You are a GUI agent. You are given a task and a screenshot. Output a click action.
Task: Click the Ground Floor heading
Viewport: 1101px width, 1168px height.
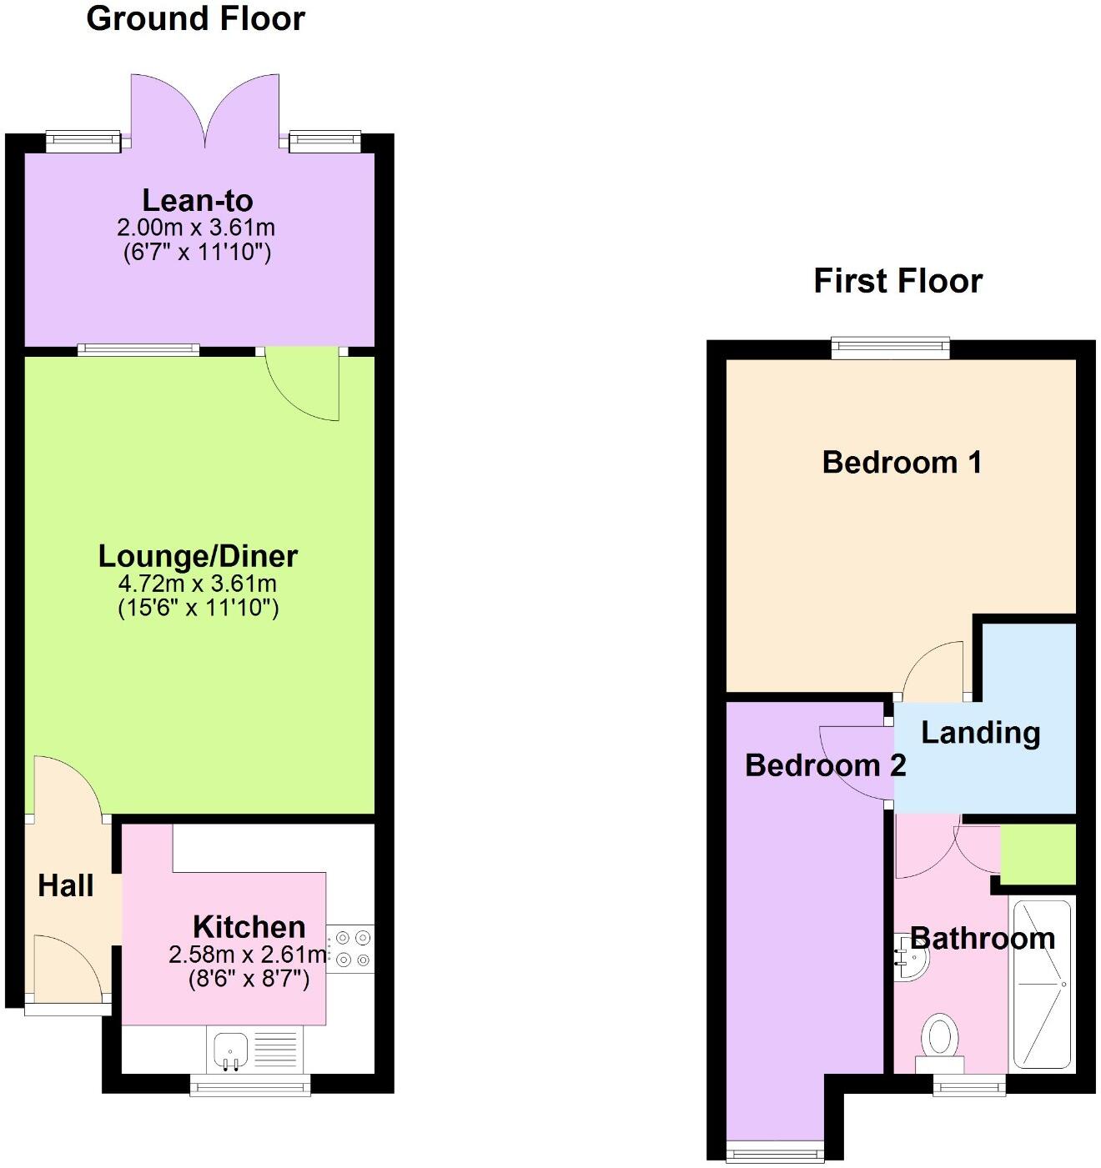tap(195, 18)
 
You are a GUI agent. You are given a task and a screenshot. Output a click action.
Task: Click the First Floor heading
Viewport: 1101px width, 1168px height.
tap(897, 281)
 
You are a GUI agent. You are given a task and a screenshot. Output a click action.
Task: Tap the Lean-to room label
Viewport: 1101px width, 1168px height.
tap(197, 200)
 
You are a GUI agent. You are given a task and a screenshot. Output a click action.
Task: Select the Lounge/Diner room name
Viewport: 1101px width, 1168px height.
tap(198, 556)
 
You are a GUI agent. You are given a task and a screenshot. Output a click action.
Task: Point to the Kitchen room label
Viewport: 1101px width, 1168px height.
tap(249, 927)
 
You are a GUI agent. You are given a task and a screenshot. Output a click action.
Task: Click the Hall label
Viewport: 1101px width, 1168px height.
tap(66, 885)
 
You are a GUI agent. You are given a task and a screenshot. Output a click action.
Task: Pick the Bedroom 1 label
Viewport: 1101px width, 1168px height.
tap(902, 462)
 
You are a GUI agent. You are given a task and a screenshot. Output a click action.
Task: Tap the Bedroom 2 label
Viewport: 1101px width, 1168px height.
tap(824, 764)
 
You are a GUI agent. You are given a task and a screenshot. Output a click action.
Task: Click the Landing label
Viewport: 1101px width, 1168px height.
tap(980, 733)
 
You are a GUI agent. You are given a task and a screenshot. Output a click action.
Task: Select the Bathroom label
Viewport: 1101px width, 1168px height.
tap(982, 939)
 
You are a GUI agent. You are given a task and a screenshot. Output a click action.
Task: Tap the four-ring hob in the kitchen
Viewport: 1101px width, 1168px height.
tap(350, 949)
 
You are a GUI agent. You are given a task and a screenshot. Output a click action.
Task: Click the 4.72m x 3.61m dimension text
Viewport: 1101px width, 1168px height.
tap(199, 584)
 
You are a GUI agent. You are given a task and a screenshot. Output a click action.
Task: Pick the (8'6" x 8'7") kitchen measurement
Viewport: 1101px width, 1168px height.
tap(249, 978)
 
